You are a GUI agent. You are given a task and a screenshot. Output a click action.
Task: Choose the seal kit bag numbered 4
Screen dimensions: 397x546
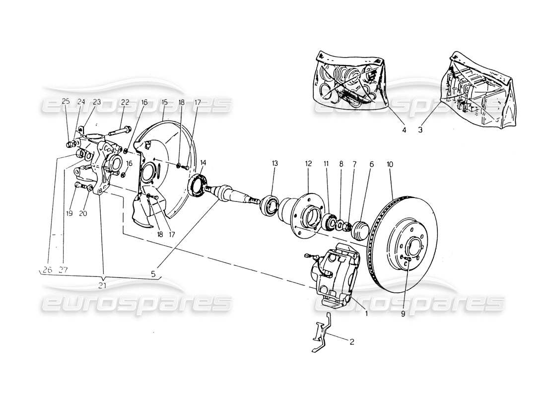(x=350, y=82)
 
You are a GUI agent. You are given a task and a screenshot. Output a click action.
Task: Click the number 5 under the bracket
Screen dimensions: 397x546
(x=154, y=273)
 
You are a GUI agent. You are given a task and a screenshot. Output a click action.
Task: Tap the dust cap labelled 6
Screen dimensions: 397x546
(x=359, y=231)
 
